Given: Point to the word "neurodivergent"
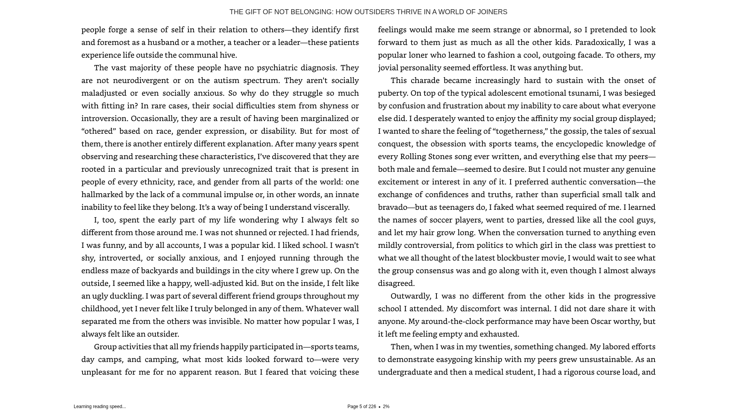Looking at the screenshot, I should click(141, 80).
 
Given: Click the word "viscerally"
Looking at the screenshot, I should click(331, 207).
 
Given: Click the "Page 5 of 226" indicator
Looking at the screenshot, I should click(362, 407).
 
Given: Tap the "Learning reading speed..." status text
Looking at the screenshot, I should click(100, 407).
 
